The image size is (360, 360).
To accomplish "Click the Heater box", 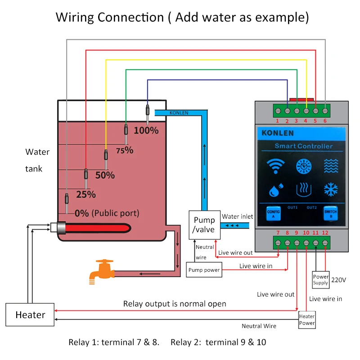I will click(x=30, y=315).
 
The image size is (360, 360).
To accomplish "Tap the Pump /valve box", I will click(x=204, y=225).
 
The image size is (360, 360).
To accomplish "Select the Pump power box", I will click(x=204, y=270).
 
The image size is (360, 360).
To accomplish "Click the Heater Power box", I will click(x=307, y=319).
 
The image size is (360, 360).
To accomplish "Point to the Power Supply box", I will click(x=321, y=279).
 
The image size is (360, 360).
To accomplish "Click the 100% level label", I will click(x=146, y=130).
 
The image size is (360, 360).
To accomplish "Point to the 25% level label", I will click(x=85, y=194).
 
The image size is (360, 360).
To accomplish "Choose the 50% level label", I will click(x=105, y=175).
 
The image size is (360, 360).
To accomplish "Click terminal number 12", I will click(x=325, y=233).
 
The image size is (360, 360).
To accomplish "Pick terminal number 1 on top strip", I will click(x=277, y=121).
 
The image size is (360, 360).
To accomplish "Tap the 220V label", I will click(x=338, y=279).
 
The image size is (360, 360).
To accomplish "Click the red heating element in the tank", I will click(x=94, y=228).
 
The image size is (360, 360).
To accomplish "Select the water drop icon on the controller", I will click(x=274, y=190).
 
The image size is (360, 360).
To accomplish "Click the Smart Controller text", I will click(x=304, y=146).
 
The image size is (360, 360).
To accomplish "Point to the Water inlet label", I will click(x=237, y=216).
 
